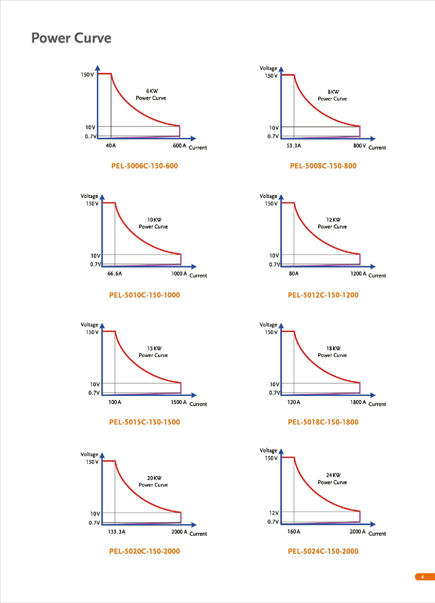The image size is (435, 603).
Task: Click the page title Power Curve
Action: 71,38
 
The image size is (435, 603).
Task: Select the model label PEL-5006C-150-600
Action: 144,166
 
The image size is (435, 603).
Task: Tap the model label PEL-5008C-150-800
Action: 323,166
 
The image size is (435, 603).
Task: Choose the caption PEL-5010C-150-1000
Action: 144,295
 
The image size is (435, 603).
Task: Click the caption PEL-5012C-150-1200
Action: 323,295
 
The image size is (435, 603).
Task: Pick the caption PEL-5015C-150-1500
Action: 144,422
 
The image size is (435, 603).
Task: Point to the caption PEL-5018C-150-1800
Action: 323,422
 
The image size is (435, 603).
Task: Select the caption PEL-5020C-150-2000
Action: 144,551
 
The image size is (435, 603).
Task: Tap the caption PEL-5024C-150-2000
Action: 323,551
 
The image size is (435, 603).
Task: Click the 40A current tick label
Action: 110,146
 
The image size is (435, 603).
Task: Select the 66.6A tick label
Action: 114,274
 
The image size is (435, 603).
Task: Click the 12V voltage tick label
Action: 273,512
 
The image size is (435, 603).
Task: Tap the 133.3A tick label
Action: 116,532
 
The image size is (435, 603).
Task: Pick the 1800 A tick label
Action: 358,402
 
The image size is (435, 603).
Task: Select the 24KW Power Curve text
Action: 332,479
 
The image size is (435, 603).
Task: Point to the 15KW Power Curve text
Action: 153,351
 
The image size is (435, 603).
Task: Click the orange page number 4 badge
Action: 423,576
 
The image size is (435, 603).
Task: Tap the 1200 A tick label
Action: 358,274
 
